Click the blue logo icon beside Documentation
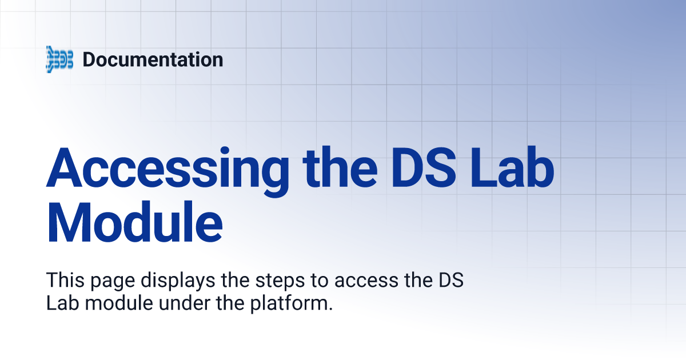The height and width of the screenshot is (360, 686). [59, 59]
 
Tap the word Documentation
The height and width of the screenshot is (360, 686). [153, 59]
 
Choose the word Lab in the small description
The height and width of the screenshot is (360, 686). [61, 303]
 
